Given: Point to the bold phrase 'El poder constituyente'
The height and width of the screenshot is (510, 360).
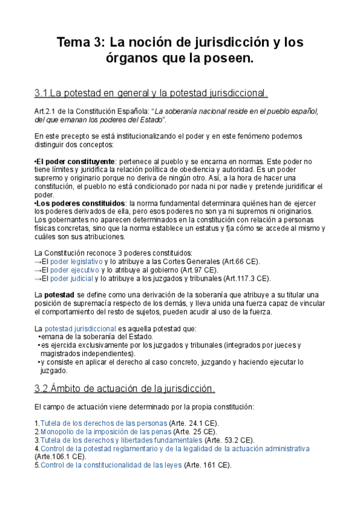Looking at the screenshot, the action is pyautogui.click(x=75, y=162).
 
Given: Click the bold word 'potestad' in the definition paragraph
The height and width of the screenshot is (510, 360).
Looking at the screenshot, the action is pyautogui.click(x=59, y=295).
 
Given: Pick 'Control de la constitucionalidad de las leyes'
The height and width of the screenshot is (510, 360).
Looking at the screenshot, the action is pyautogui.click(x=111, y=465).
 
